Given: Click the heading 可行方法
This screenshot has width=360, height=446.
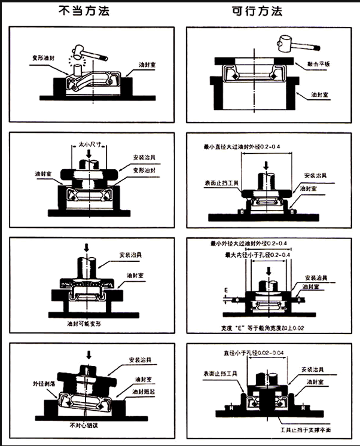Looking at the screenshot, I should [x=258, y=11].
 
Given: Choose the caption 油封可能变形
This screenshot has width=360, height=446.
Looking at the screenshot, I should [x=84, y=323].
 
